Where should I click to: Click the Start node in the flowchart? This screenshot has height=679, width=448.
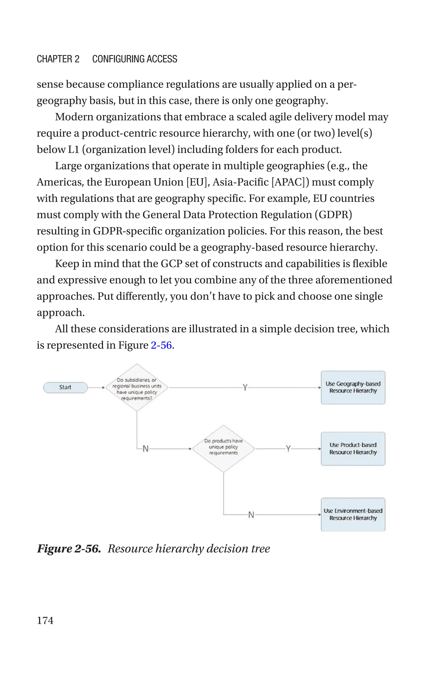click(x=65, y=388)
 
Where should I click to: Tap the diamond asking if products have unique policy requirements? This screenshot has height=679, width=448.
click(x=223, y=449)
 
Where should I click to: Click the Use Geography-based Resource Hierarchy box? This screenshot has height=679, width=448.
click(x=353, y=388)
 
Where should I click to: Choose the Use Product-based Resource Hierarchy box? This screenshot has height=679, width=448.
click(x=353, y=449)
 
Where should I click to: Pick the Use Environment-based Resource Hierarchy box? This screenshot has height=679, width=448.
click(x=353, y=514)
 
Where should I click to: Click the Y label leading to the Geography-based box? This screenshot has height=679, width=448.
click(x=245, y=388)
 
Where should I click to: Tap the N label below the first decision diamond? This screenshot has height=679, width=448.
click(x=145, y=449)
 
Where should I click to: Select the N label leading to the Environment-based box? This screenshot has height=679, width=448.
click(x=251, y=515)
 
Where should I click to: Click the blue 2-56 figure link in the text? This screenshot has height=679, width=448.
click(x=161, y=345)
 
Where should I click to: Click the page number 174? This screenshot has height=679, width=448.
click(x=45, y=620)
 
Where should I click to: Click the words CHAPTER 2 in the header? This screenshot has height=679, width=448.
click(x=58, y=59)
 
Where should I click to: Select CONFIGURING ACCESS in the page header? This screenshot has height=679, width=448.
click(x=135, y=59)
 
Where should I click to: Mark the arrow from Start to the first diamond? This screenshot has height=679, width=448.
click(x=96, y=388)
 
